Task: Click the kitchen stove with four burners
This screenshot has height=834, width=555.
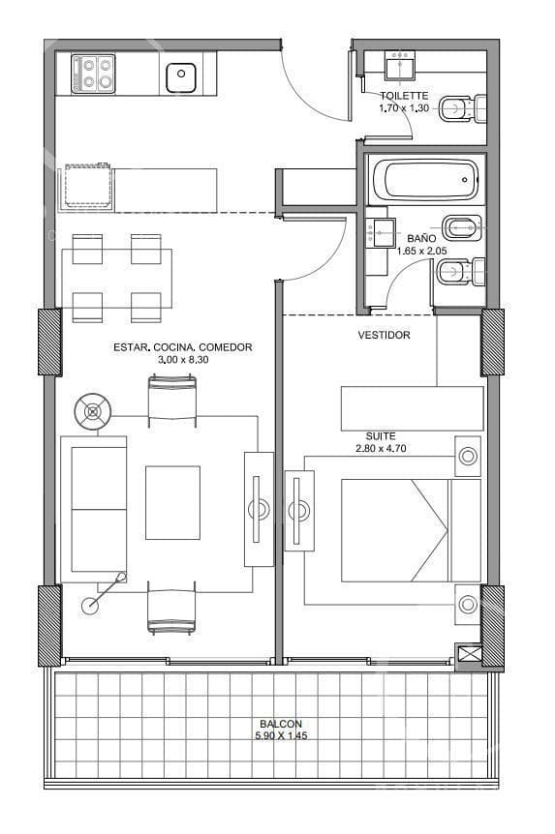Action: click(x=93, y=74)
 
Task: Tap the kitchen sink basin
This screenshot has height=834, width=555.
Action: click(x=181, y=77)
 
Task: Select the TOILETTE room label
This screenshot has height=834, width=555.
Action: click(x=404, y=96)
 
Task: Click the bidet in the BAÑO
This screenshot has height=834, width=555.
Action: click(x=463, y=228)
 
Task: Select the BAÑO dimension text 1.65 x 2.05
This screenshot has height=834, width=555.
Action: click(x=421, y=251)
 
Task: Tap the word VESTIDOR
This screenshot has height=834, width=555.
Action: click(x=384, y=335)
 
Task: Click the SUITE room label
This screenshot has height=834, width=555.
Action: click(x=381, y=436)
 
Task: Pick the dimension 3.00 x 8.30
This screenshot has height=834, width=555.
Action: click(x=183, y=360)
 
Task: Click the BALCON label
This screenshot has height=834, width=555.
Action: click(x=281, y=724)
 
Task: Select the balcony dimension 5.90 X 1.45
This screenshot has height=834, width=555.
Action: click(x=281, y=736)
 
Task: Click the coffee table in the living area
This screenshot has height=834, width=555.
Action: click(x=172, y=503)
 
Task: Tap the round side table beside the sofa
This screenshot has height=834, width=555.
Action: click(x=93, y=411)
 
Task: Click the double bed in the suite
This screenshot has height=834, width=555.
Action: click(x=411, y=530)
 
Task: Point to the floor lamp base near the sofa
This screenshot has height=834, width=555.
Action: click(x=90, y=605)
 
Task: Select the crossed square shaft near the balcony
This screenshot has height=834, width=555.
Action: click(x=468, y=654)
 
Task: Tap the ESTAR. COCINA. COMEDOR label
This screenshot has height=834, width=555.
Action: click(x=183, y=347)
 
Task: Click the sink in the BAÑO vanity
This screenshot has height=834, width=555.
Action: click(x=384, y=232)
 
